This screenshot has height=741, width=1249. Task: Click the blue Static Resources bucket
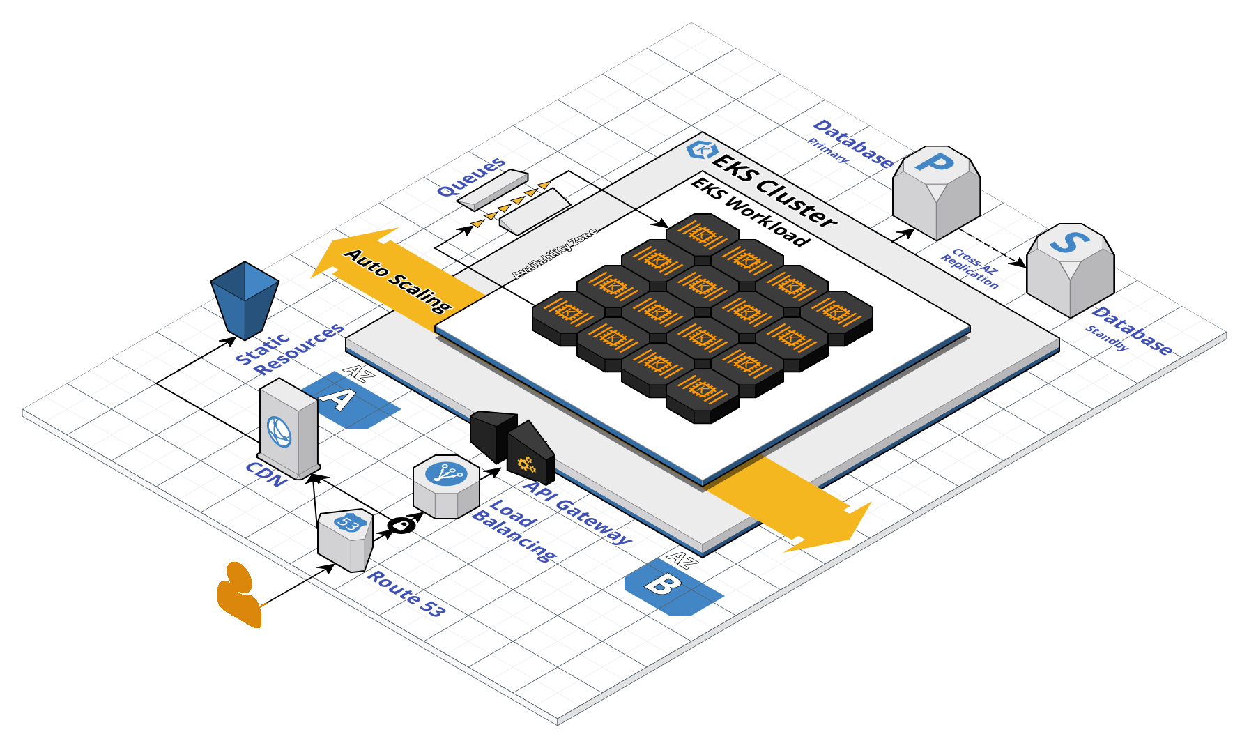pyautogui.click(x=245, y=298)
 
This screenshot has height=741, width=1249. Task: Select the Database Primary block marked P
pyautogui.click(x=936, y=191)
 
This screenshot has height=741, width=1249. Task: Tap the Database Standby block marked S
pyautogui.click(x=1070, y=268)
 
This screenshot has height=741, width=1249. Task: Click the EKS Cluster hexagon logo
pyautogui.click(x=701, y=150)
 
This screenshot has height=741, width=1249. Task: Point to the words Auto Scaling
pyautogui.click(x=398, y=280)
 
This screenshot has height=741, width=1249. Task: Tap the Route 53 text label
pyautogui.click(x=406, y=593)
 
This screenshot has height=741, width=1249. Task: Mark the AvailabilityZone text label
pyautogui.click(x=555, y=252)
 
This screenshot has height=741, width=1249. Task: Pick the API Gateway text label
pyautogui.click(x=577, y=512)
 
